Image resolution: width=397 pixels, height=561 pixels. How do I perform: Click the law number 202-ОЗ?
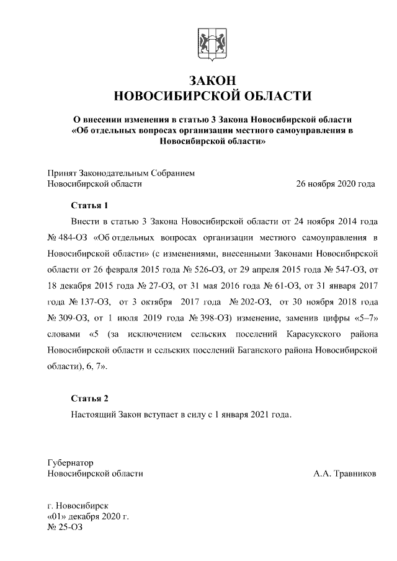tap(256, 302)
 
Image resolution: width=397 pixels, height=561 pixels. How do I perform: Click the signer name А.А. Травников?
tap(344, 474)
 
